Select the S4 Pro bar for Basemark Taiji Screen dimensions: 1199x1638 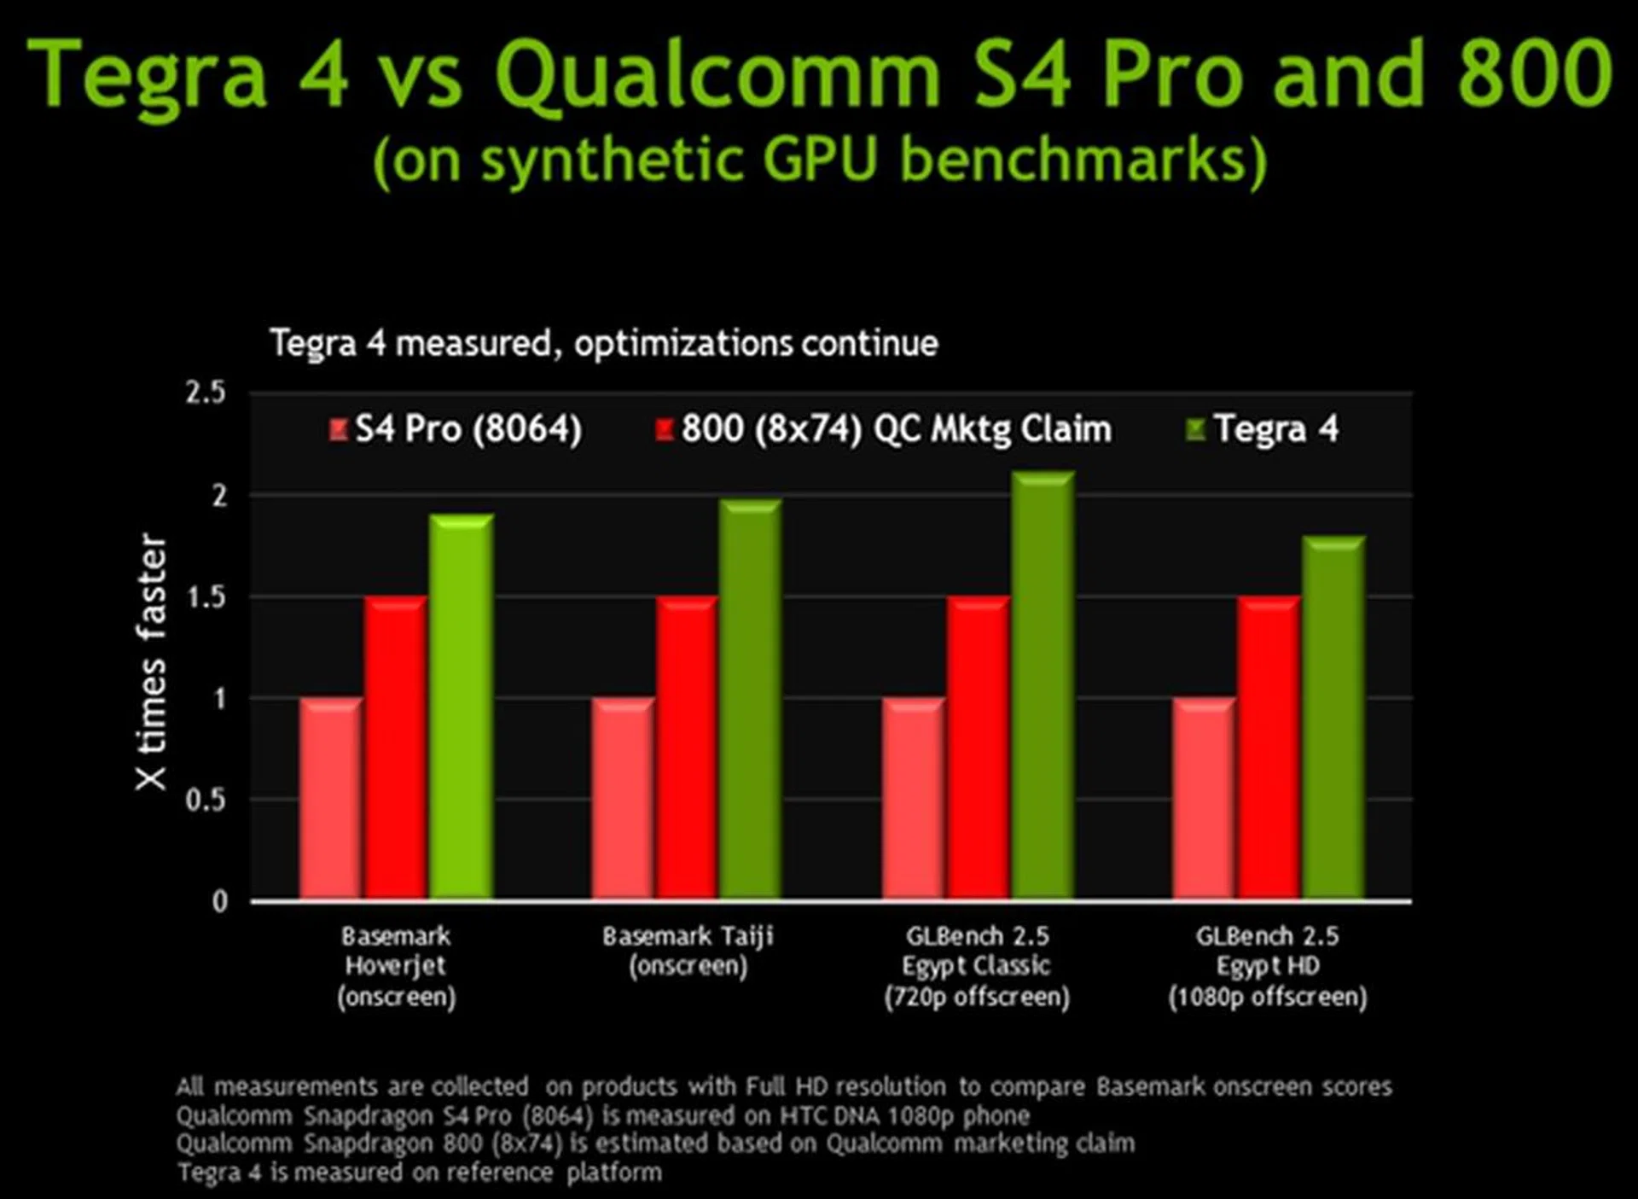pyautogui.click(x=624, y=799)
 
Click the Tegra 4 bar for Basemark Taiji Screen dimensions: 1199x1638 pyautogui.click(x=751, y=699)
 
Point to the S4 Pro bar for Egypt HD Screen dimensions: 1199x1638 pyautogui.click(x=1204, y=799)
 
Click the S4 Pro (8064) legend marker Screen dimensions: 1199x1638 pyautogui.click(x=339, y=429)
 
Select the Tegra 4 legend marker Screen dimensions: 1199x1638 pyautogui.click(x=1195, y=429)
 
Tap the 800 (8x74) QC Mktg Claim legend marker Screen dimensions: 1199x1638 pyautogui.click(x=665, y=429)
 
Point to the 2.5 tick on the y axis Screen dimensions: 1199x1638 pyautogui.click(x=206, y=393)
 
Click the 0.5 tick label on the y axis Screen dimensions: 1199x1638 pyautogui.click(x=206, y=800)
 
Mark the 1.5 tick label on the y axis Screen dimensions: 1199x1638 pyautogui.click(x=206, y=597)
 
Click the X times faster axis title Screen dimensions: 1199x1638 pyautogui.click(x=151, y=662)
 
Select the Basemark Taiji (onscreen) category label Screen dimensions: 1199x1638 pyautogui.click(x=688, y=951)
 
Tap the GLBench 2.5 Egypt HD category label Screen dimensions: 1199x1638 pyautogui.click(x=1268, y=966)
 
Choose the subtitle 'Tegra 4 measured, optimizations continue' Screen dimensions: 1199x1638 pyautogui.click(x=604, y=344)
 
